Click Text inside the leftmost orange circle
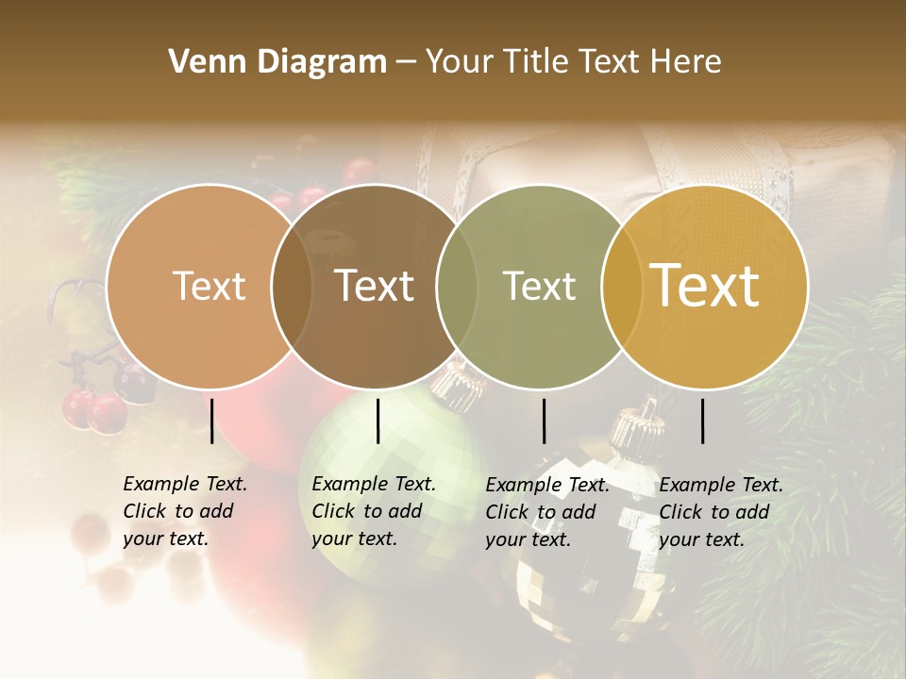pyautogui.click(x=210, y=286)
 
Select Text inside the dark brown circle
pyautogui.click(x=375, y=286)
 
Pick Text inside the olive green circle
pyautogui.click(x=539, y=286)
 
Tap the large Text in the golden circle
pyautogui.click(x=705, y=286)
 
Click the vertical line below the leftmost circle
pyautogui.click(x=211, y=421)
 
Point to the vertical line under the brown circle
pyautogui.click(x=377, y=421)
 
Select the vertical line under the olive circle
pyautogui.click(x=544, y=421)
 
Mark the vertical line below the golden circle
pyautogui.click(x=703, y=421)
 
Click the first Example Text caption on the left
pyautogui.click(x=184, y=511)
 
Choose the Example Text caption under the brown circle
pyautogui.click(x=373, y=511)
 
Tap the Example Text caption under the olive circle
pyautogui.click(x=546, y=512)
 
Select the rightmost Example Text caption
pyautogui.click(x=720, y=512)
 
